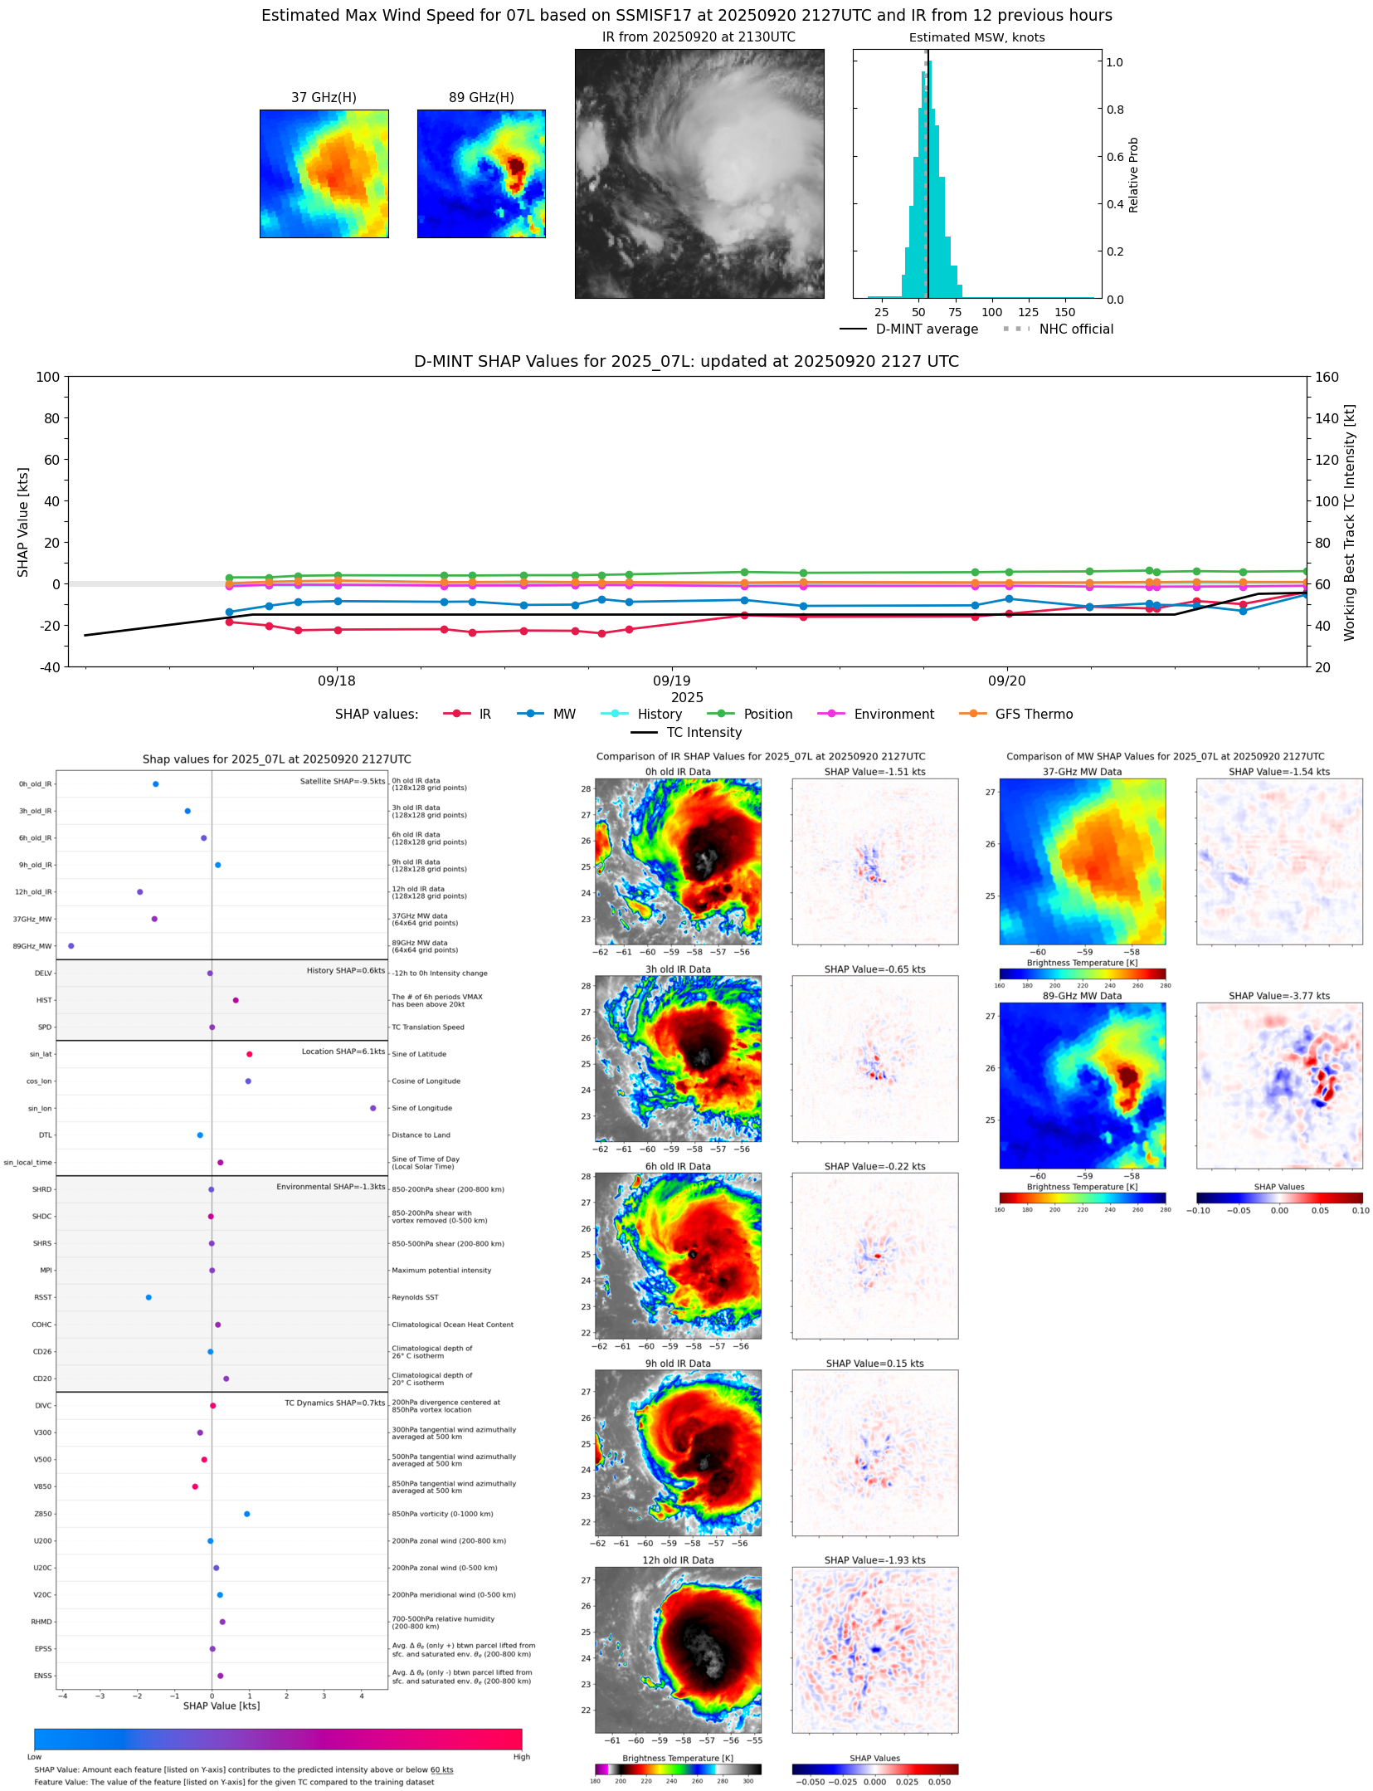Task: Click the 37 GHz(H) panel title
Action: (324, 98)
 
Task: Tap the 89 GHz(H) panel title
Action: (481, 98)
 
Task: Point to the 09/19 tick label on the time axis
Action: (671, 681)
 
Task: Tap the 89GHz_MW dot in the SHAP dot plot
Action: (71, 946)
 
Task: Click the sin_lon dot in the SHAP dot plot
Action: (373, 1109)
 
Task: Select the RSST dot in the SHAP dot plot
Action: (148, 1298)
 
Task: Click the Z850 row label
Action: (42, 1515)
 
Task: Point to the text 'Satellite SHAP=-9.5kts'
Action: (342, 782)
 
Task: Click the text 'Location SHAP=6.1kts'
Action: (343, 1052)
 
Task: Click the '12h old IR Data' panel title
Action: (678, 1561)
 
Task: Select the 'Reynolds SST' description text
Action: (415, 1298)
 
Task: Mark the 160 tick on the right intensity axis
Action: (1327, 378)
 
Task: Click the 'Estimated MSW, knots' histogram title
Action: (976, 38)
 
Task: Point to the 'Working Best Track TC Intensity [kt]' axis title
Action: (1350, 523)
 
